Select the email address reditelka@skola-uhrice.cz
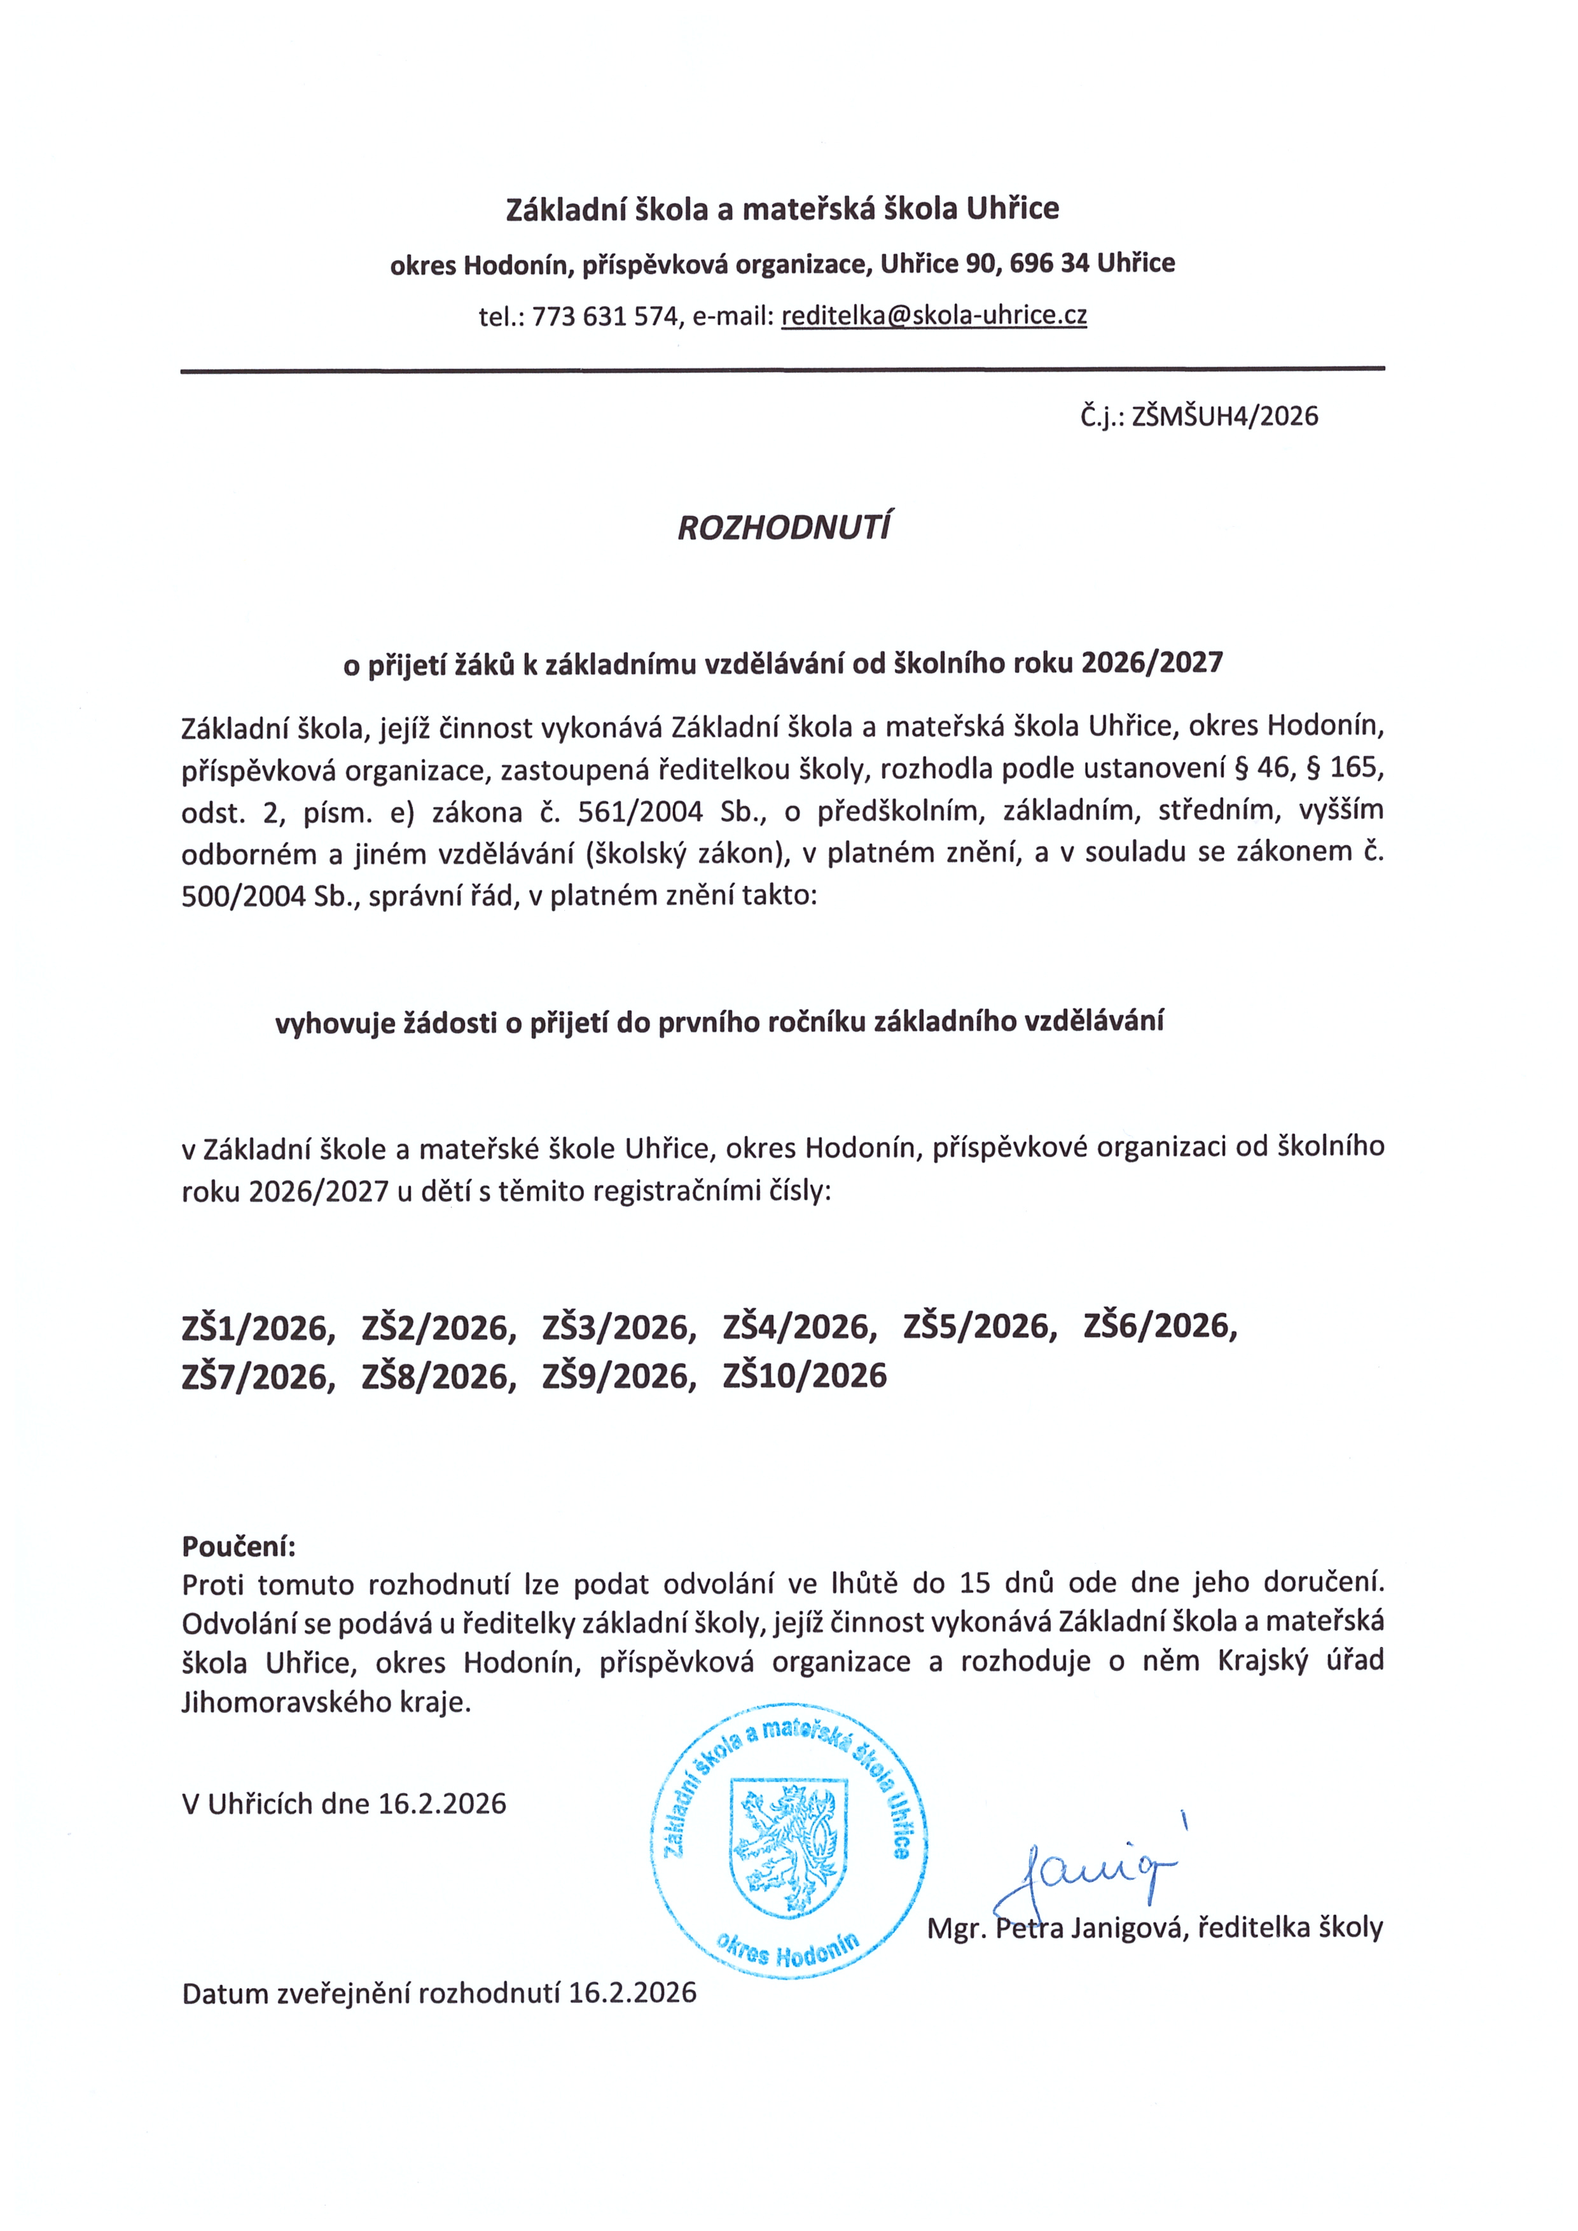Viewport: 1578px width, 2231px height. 934,316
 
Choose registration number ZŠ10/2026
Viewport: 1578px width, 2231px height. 805,1376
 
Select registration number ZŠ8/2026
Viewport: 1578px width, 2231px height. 438,1377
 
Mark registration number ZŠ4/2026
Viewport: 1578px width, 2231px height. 799,1327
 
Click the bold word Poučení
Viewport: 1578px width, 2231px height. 238,1546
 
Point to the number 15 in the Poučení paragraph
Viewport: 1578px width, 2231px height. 974,1584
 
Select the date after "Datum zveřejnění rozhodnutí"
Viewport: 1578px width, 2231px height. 633,1994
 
